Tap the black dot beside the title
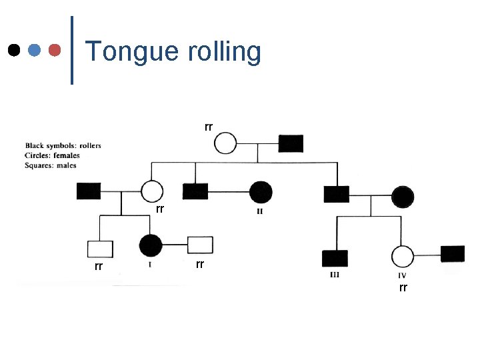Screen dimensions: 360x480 tap(13, 50)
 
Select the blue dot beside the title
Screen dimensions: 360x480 tap(35, 50)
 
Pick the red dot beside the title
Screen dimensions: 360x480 tap(55, 50)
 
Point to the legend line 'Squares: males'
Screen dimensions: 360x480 tap(51, 165)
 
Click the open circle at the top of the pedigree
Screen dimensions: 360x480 tap(226, 143)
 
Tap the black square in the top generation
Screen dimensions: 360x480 tap(290, 143)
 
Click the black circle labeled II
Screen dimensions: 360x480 tap(260, 192)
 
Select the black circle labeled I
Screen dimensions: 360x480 tap(151, 245)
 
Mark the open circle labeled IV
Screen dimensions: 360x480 tap(402, 256)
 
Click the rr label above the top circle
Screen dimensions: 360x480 tap(209, 126)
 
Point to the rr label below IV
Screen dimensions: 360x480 tap(403, 287)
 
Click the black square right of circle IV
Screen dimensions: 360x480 tap(453, 253)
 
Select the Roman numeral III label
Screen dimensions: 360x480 tap(335, 275)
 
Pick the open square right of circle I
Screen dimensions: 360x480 tap(200, 245)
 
